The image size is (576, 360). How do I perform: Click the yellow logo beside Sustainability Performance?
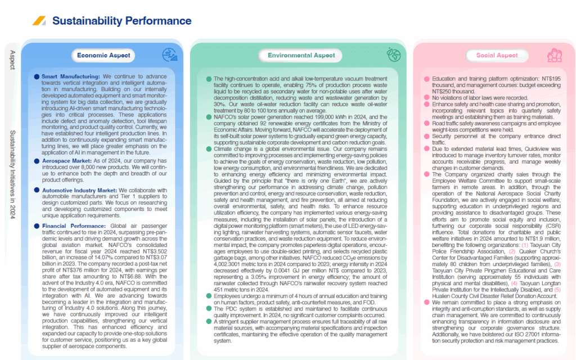coord(39,21)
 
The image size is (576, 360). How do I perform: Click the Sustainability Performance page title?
coord(121,21)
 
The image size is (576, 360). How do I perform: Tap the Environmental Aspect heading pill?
coord(301,55)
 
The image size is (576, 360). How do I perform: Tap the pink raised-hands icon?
coord(555,55)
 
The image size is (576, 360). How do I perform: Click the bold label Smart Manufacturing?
coord(70,76)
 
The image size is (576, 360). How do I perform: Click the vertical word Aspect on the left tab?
coord(12,60)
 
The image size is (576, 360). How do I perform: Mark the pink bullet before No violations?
coord(426,98)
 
